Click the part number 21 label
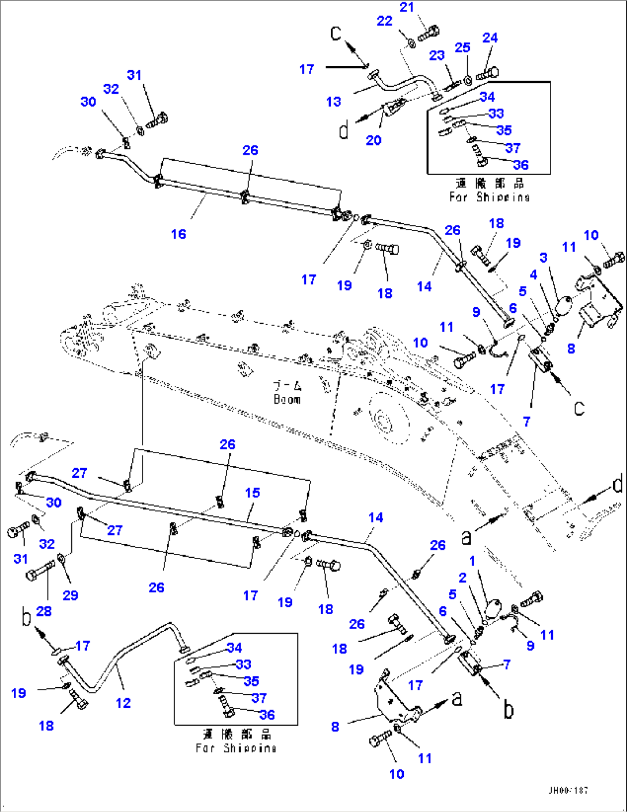click(x=407, y=7)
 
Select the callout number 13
click(x=334, y=102)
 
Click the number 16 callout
click(x=178, y=234)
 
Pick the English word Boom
click(x=287, y=399)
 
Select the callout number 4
click(x=533, y=274)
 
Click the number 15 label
click(x=253, y=493)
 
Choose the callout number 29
click(x=70, y=595)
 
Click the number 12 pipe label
click(x=123, y=703)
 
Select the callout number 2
click(x=462, y=578)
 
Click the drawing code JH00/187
click(x=568, y=791)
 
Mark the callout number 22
click(x=384, y=21)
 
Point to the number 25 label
click(x=462, y=48)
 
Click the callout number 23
click(x=437, y=55)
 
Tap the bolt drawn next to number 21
click(x=428, y=33)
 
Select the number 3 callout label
click(x=544, y=257)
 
